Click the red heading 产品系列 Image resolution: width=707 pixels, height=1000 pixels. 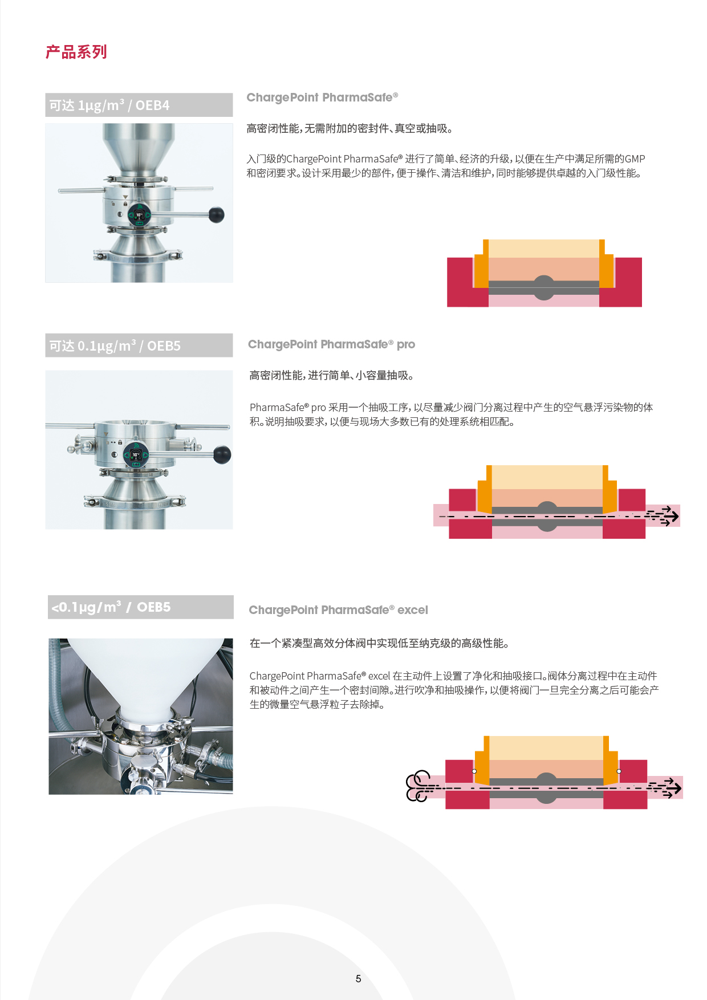(76, 52)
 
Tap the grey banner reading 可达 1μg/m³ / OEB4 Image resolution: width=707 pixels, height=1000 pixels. (139, 105)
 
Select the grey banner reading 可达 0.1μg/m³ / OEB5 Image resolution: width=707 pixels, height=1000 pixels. (139, 345)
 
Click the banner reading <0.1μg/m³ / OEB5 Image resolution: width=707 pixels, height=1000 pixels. (141, 607)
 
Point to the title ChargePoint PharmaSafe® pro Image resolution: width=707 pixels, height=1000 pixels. (331, 344)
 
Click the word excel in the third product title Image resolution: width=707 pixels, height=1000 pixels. (413, 610)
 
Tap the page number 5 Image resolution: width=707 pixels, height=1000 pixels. (358, 978)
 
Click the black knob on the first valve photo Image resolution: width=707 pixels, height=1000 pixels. (217, 215)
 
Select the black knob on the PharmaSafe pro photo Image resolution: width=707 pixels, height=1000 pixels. (222, 455)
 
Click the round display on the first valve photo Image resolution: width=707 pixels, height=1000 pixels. (139, 215)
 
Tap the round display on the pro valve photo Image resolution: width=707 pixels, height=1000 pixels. (136, 455)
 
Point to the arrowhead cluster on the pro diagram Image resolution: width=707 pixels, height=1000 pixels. (664, 516)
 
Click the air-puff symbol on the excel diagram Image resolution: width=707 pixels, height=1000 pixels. (419, 786)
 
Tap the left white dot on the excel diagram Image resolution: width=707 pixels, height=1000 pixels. (474, 771)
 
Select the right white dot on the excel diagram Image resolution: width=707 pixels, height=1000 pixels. (619, 771)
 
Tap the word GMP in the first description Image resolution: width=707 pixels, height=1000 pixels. (635, 159)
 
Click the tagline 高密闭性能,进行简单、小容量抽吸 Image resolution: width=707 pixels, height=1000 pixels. (331, 375)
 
